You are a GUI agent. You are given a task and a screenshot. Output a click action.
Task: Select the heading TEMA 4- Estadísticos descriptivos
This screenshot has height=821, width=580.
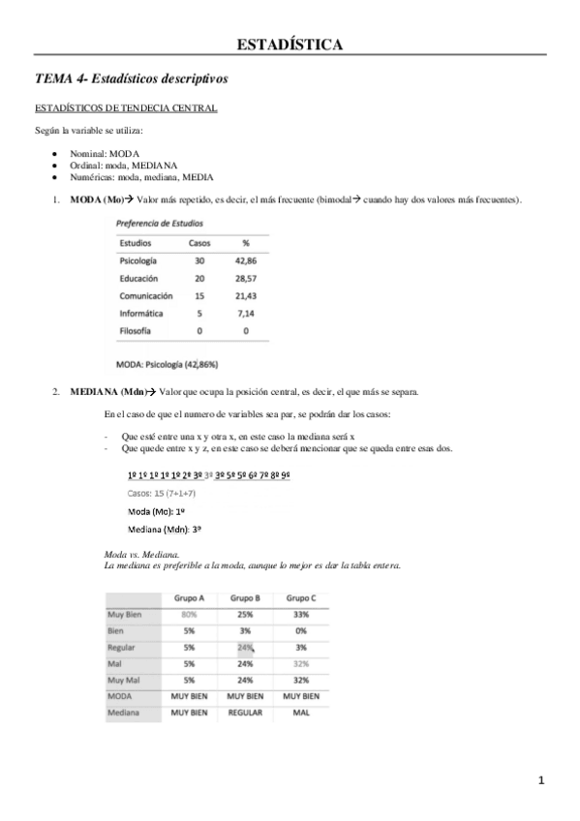(x=131, y=79)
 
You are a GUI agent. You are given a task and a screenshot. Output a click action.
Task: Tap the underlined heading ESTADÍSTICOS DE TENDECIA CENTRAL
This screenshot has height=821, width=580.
(x=126, y=107)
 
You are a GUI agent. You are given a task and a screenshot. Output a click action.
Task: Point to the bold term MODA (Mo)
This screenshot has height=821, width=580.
(x=97, y=200)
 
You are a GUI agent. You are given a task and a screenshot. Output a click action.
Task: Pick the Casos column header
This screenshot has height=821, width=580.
(x=199, y=243)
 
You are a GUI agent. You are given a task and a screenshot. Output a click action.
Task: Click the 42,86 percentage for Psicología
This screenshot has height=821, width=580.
(x=245, y=261)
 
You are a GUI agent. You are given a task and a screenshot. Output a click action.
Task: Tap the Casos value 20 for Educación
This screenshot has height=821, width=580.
(x=199, y=279)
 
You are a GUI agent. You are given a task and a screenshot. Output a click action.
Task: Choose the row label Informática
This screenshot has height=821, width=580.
(x=141, y=314)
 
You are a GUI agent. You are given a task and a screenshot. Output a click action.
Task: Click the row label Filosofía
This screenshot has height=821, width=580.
(x=137, y=331)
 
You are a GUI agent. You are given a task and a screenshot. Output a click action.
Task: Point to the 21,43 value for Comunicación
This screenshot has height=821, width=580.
(x=245, y=296)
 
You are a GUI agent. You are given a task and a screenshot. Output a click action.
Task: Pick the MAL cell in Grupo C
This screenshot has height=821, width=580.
(x=300, y=713)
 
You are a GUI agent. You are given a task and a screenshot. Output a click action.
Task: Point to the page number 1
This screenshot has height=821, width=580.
(x=542, y=780)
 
